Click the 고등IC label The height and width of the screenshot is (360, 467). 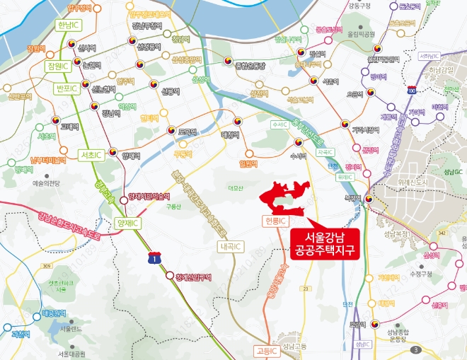click(267, 350)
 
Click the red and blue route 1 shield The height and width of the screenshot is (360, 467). click(154, 259)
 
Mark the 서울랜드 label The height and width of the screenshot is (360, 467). click(72, 329)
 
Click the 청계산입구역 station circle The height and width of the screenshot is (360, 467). click(169, 276)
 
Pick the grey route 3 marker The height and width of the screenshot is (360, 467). click(417, 349)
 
